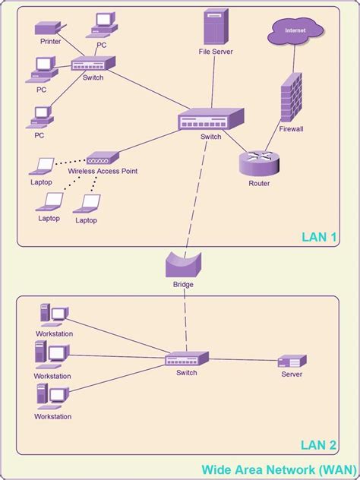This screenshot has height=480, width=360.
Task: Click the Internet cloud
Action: [x=295, y=31]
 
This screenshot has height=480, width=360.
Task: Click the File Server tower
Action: [x=215, y=28]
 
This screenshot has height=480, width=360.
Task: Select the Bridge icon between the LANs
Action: [x=183, y=265]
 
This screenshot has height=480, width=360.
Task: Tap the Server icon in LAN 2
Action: [x=292, y=362]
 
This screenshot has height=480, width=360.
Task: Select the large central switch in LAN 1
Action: [x=210, y=119]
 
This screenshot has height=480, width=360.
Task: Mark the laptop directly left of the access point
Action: [x=43, y=165]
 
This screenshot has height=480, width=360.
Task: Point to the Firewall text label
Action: [x=291, y=129]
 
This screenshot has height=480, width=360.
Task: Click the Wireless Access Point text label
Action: [x=103, y=172]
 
